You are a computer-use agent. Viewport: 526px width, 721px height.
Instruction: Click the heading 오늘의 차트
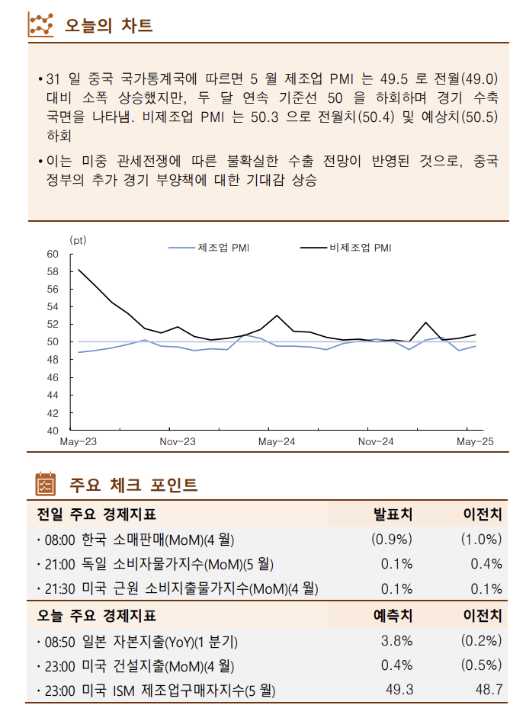pos(108,25)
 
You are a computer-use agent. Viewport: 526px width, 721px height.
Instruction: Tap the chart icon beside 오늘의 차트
pos(40,25)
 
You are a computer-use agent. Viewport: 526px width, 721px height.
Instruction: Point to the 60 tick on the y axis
pos(53,254)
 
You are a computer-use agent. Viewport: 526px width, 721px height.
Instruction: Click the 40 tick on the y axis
pos(53,431)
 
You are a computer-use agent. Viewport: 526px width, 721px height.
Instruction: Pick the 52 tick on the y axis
pos(53,325)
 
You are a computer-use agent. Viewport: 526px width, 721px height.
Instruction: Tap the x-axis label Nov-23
pos(178,442)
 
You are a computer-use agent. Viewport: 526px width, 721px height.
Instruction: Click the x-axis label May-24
pos(277,442)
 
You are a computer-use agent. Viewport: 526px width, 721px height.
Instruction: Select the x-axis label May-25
pos(475,442)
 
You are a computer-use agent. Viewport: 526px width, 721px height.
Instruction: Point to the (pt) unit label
pos(78,239)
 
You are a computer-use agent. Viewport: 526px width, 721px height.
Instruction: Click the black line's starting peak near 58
pos(79,270)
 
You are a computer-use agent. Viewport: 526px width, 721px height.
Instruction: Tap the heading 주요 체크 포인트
pos(134,485)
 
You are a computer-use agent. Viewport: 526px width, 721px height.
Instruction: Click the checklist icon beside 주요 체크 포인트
pos(46,484)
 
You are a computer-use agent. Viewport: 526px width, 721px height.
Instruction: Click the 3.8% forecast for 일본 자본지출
pos(396,640)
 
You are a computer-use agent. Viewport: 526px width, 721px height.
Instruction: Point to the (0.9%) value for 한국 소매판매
pos(391,540)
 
